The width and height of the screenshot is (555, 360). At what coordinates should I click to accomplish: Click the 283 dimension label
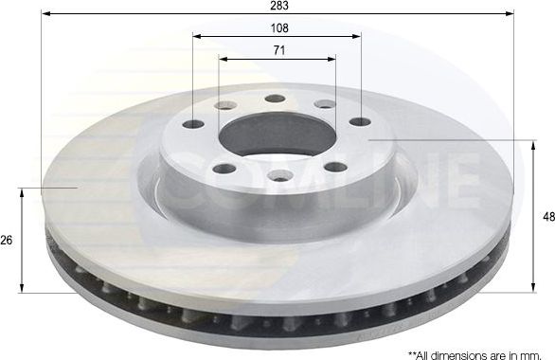pos(277,6)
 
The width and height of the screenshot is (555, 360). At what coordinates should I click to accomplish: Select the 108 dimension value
pos(277,28)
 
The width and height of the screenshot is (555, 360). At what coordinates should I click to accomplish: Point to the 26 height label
pos(8,241)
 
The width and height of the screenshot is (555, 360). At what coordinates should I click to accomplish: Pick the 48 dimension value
pos(547,217)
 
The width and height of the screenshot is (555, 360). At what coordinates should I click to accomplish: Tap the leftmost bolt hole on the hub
pos(193,124)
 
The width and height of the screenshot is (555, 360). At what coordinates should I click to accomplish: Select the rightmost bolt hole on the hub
pos(360,121)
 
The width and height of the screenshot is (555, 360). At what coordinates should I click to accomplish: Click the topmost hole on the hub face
pos(275,99)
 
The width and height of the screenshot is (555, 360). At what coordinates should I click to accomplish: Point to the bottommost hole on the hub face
pos(280,174)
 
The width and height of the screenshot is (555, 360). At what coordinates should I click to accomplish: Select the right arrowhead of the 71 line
pos(331,59)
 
